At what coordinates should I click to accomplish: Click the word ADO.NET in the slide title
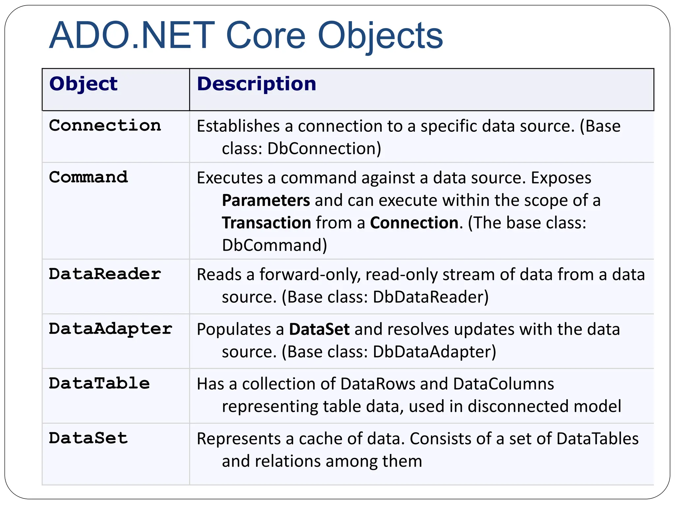(132, 35)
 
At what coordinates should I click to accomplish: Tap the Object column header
(83, 84)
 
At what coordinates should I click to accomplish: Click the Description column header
(256, 84)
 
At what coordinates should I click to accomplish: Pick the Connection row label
(105, 126)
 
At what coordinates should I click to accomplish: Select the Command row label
(88, 177)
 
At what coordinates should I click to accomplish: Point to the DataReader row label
(105, 274)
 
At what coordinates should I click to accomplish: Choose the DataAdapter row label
(110, 329)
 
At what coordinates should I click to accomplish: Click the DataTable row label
(99, 383)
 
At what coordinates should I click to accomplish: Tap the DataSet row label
(88, 438)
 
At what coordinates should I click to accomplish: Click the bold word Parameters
(266, 201)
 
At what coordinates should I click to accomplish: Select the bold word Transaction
(266, 223)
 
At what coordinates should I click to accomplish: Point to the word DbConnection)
(324, 149)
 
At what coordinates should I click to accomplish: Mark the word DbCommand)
(274, 245)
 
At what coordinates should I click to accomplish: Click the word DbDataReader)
(430, 297)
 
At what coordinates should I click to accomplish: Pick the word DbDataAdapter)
(434, 352)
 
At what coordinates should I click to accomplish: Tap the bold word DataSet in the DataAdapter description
(319, 329)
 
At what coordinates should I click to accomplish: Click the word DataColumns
(503, 384)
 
